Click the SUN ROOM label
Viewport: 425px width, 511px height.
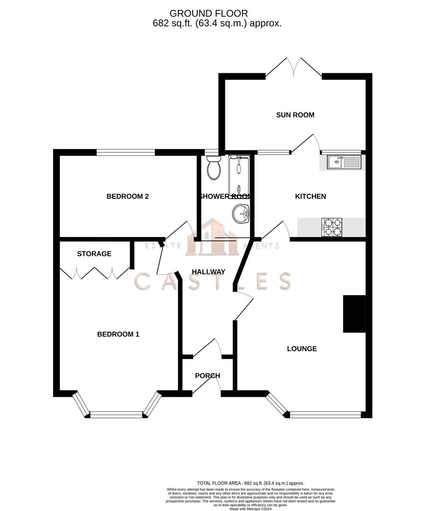(295, 115)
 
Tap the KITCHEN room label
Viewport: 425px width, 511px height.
(310, 196)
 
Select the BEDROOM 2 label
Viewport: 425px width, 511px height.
(128, 196)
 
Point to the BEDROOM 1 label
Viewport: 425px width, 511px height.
(118, 335)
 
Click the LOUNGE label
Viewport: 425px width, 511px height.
(302, 349)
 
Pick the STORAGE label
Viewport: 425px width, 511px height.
(94, 254)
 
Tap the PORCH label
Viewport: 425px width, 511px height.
(208, 376)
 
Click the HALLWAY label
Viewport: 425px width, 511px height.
(208, 272)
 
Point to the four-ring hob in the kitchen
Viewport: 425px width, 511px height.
(332, 227)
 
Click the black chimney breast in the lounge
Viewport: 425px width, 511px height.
(354, 314)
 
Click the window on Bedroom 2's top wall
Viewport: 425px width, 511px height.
(126, 152)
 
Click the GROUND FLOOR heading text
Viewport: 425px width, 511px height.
(208, 13)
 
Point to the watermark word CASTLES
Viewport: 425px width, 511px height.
(213, 281)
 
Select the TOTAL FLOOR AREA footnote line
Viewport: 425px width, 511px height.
(250, 483)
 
